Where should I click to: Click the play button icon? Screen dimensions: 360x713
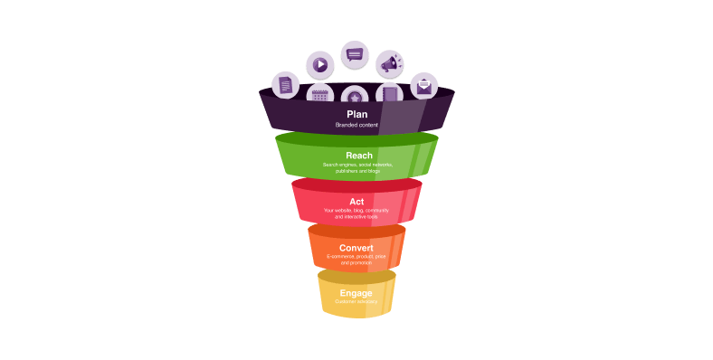[x=319, y=64]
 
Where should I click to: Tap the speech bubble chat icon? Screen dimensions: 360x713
[x=354, y=53]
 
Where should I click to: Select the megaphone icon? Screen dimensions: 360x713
[x=390, y=64]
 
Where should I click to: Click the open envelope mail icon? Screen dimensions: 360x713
[x=423, y=87]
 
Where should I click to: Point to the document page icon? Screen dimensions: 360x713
[x=286, y=86]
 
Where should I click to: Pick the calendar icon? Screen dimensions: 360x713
[x=319, y=94]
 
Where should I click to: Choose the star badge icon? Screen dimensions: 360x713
[x=354, y=97]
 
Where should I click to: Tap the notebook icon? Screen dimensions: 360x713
[x=390, y=94]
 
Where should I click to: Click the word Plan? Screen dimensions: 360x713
[x=356, y=115]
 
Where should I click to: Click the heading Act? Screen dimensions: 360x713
[x=356, y=201]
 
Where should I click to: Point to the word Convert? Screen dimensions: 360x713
[x=356, y=248]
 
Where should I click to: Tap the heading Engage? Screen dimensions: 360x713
[x=356, y=293]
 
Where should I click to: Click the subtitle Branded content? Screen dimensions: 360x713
[x=356, y=125]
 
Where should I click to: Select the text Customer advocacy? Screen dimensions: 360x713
[x=356, y=302]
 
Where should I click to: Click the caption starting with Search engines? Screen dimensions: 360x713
[x=357, y=167]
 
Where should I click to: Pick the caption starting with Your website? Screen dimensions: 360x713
[x=356, y=213]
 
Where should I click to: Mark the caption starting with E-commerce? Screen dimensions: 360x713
[x=356, y=260]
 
